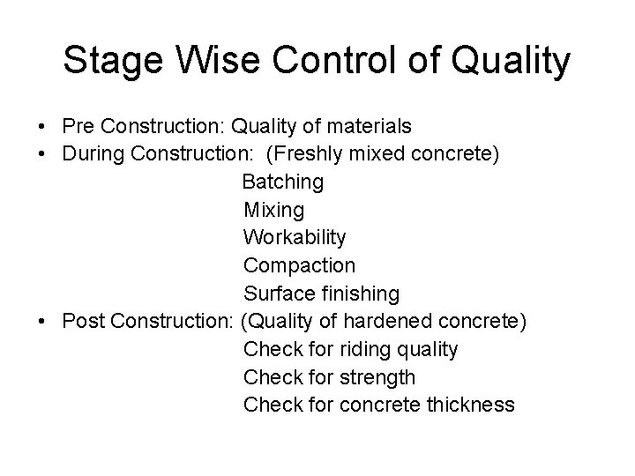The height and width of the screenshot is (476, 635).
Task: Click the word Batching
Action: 283,183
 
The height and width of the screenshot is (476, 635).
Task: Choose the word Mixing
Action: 273,211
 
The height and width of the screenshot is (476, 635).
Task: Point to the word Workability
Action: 295,238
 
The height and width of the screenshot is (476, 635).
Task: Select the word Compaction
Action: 299,265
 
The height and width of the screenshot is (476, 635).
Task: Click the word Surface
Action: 278,293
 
